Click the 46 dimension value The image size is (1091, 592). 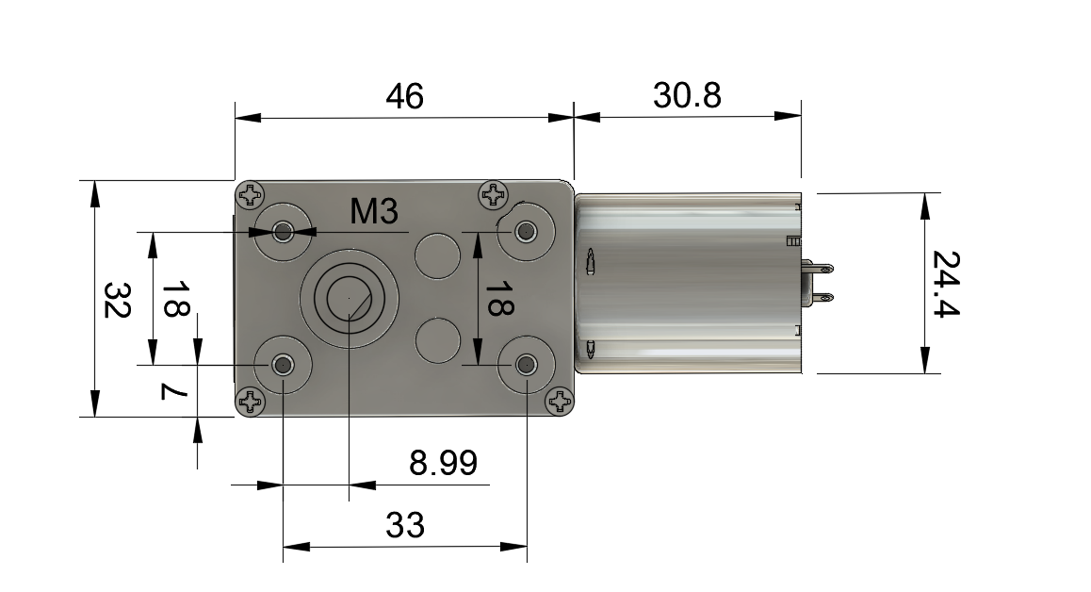[404, 96]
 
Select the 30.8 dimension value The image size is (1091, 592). [687, 95]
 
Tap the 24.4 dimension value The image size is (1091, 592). [946, 284]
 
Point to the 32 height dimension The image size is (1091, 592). [117, 300]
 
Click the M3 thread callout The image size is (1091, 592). [374, 211]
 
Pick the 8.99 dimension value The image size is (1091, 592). [443, 463]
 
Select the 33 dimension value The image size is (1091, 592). [405, 525]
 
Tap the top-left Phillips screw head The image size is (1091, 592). [251, 195]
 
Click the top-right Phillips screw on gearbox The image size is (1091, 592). [494, 194]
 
